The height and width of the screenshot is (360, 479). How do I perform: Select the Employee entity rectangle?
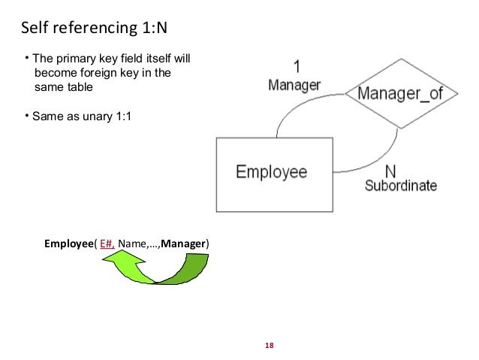click(x=272, y=174)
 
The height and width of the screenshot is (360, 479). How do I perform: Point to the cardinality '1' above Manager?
click(x=295, y=68)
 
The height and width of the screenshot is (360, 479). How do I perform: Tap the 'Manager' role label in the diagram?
click(x=294, y=85)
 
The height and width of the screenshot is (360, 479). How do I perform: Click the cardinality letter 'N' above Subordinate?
click(x=390, y=170)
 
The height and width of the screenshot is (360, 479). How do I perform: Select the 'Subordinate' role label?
click(x=400, y=186)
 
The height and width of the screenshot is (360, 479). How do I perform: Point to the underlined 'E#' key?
click(x=107, y=244)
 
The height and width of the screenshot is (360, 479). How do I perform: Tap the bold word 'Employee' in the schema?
click(x=68, y=244)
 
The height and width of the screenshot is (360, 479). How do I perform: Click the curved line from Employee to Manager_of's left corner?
click(x=300, y=110)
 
